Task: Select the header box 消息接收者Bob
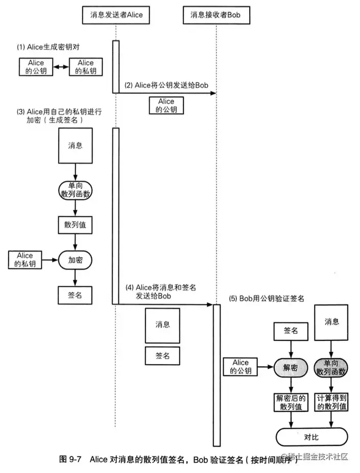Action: coord(217,15)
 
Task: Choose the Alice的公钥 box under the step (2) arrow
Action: coord(166,106)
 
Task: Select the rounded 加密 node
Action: coord(76,259)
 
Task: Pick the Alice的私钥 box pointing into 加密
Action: coord(25,259)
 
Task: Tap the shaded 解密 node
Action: coord(290,367)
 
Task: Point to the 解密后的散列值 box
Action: coord(290,402)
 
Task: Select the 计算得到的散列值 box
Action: coord(332,402)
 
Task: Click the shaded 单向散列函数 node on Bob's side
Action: coord(332,367)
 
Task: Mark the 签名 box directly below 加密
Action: coord(76,294)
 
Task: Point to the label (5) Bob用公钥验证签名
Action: coord(267,298)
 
